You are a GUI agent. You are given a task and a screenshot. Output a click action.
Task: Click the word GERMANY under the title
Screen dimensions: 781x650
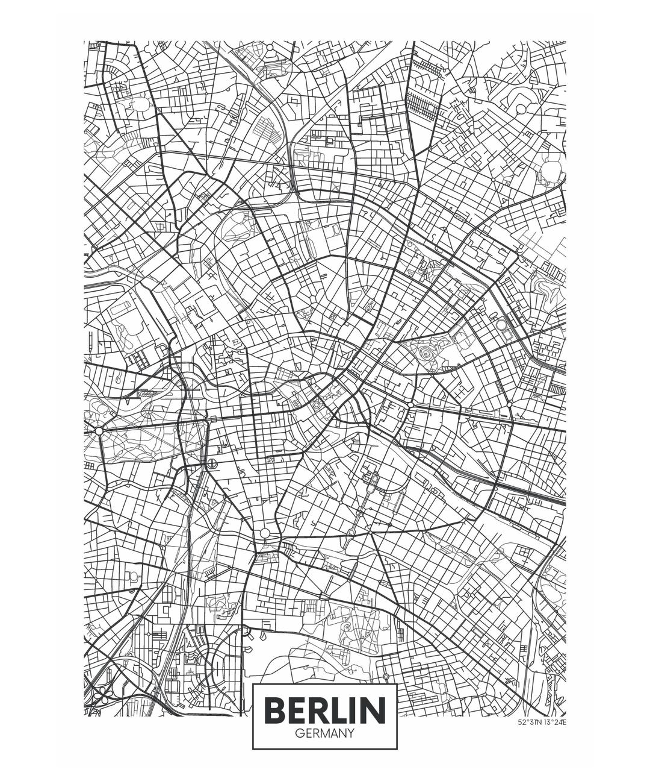[x=324, y=733]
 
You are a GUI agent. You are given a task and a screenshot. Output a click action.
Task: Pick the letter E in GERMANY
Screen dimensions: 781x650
[x=308, y=733]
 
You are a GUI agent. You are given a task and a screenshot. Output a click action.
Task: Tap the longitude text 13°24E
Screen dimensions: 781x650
[x=555, y=721]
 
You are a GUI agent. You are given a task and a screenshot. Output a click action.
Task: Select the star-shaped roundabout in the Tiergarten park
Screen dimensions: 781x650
[x=98, y=430]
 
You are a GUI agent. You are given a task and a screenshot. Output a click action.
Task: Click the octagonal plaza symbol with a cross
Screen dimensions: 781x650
[x=212, y=463]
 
